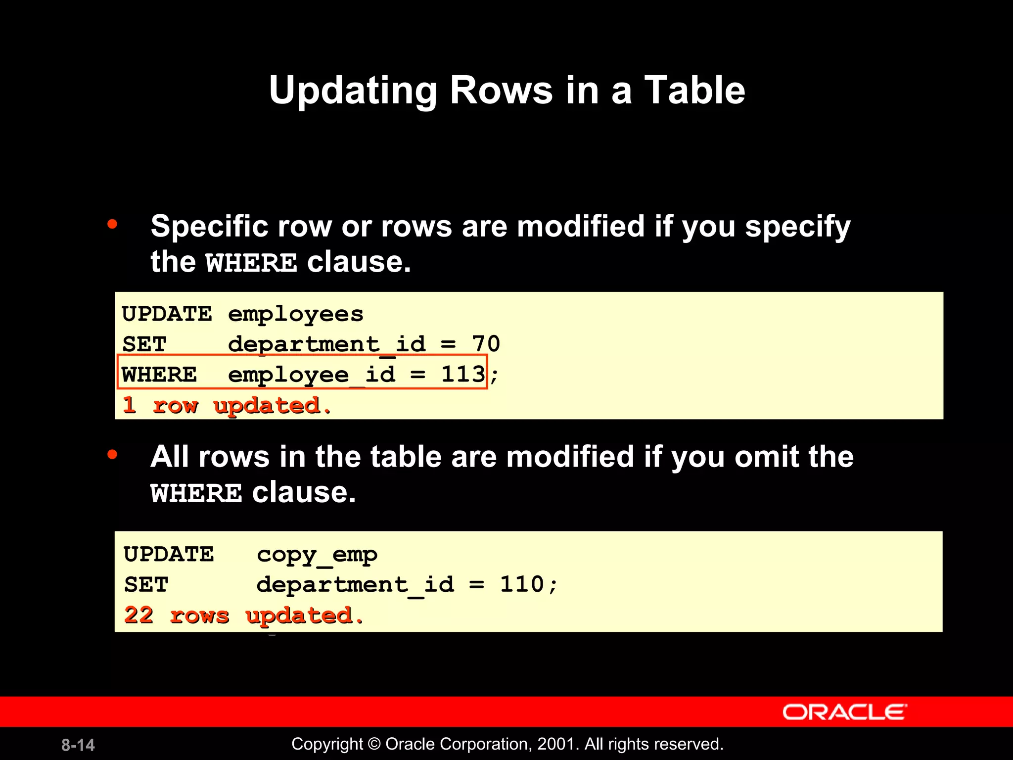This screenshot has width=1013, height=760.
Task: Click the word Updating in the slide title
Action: tap(353, 91)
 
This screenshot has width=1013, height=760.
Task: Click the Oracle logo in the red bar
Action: tap(844, 712)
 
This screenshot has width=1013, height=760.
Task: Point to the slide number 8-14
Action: tap(78, 745)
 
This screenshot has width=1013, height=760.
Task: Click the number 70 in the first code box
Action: tap(486, 344)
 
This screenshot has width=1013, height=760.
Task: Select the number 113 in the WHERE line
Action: tap(463, 374)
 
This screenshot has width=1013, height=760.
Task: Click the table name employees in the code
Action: tap(295, 314)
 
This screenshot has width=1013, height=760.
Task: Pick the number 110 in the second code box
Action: tap(522, 584)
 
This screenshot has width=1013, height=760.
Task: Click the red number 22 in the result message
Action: tap(138, 615)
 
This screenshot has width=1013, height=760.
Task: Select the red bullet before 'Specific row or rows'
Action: tap(112, 224)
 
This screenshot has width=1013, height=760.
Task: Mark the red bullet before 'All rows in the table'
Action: tap(112, 454)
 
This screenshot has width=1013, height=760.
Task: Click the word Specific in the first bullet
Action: tap(209, 227)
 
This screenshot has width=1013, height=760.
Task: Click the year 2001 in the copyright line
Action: tap(558, 744)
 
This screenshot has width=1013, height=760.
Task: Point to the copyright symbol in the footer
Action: tap(374, 744)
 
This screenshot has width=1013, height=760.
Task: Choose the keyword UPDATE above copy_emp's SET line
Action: tap(169, 555)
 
